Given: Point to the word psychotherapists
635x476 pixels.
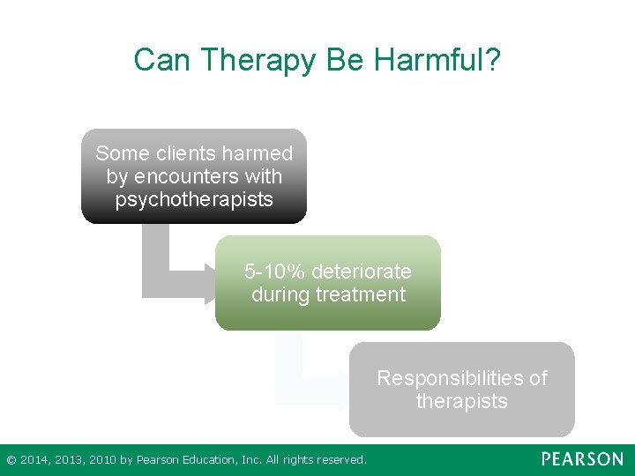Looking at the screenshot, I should tap(194, 199).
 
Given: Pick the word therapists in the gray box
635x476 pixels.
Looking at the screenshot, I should tap(462, 401).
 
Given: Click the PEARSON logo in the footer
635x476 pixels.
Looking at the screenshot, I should tap(582, 459).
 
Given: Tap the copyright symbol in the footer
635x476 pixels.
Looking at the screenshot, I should tap(11, 460).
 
